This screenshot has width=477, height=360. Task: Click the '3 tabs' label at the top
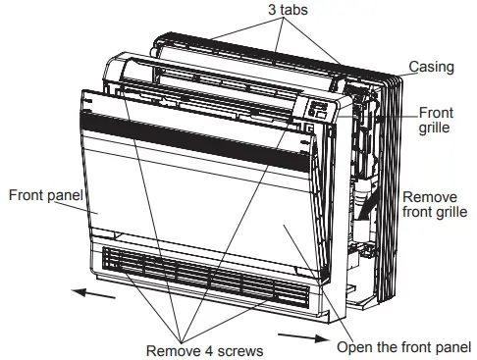284,11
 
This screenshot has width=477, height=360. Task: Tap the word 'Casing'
431,67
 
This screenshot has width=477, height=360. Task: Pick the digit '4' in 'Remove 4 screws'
200,349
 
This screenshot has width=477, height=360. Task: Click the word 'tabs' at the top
290,11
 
